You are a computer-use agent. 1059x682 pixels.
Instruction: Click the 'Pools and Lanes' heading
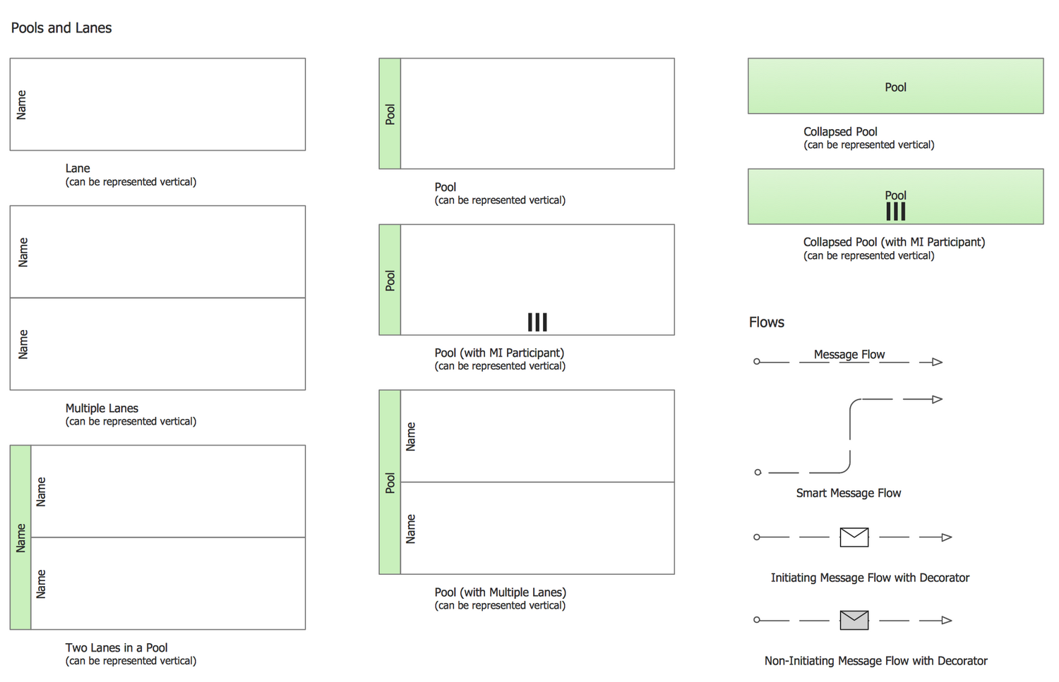point(61,28)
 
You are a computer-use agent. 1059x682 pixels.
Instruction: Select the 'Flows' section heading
point(767,322)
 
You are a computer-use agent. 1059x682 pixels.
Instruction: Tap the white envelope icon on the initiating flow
point(854,537)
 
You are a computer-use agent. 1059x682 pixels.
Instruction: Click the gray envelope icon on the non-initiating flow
point(854,620)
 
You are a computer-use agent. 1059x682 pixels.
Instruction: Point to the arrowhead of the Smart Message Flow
point(938,399)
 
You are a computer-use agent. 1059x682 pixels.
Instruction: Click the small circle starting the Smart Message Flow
point(758,473)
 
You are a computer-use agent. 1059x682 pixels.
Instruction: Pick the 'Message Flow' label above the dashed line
point(849,354)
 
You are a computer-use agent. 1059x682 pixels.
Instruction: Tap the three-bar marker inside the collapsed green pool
point(895,212)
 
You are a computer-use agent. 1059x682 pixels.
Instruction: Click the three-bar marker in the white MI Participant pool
point(537,322)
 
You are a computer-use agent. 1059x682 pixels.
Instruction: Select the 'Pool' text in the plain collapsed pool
point(895,87)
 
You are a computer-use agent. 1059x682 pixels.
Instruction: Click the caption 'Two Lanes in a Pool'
point(116,647)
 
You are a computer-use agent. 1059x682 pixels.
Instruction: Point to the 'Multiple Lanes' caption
point(102,408)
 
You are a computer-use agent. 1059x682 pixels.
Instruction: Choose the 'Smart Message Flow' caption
point(849,493)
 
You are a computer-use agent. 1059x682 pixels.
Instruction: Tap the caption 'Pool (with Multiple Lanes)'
point(501,592)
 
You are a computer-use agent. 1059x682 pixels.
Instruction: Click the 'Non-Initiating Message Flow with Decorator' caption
point(875,661)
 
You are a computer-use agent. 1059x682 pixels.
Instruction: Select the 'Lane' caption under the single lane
point(78,169)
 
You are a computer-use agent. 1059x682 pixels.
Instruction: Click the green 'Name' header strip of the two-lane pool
point(20,537)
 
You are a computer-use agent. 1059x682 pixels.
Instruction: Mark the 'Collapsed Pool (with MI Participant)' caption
point(894,242)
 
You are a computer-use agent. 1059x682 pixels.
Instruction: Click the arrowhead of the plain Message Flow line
point(938,362)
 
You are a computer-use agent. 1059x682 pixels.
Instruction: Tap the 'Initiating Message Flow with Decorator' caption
point(870,578)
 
